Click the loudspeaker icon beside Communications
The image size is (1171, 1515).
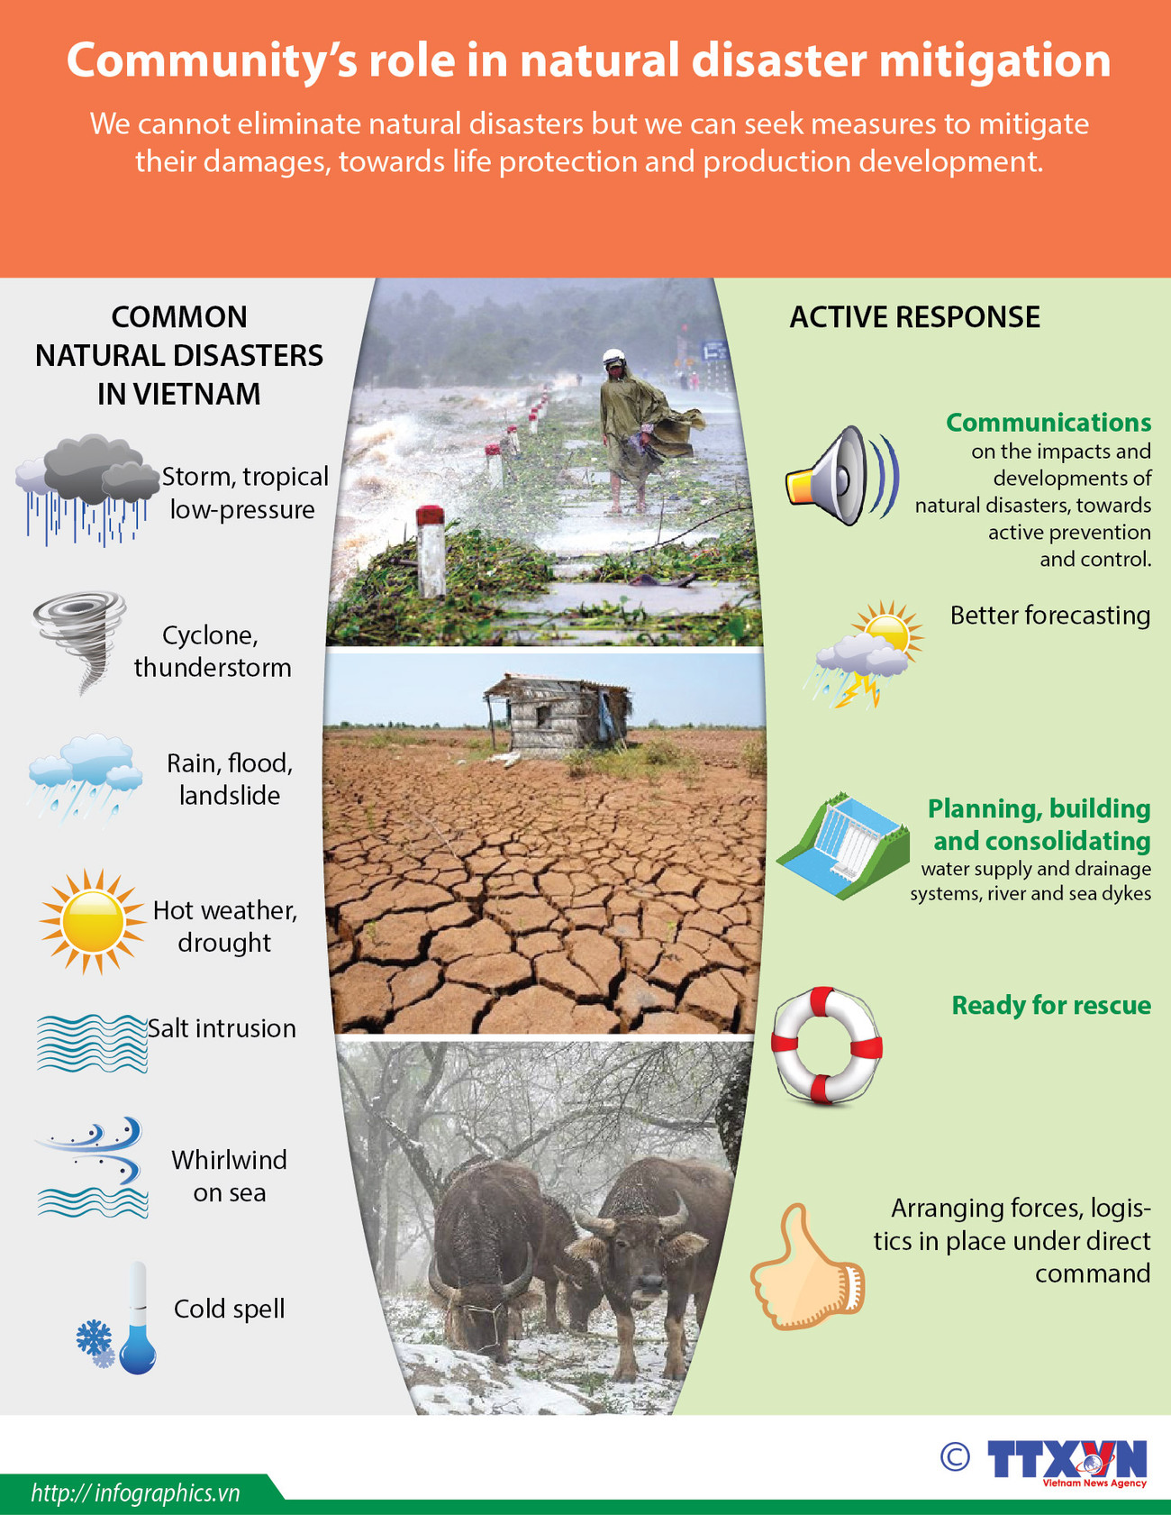840,478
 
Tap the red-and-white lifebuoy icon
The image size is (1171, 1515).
826,1045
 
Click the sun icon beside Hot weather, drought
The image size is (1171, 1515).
92,922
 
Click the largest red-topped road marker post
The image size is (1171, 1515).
431,552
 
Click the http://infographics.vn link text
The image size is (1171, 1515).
135,1493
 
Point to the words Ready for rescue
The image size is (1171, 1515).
1050,1005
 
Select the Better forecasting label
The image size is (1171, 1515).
1049,616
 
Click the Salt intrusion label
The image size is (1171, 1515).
222,1028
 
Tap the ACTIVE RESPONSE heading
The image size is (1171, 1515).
914,317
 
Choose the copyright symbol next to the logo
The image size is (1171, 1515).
955,1456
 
